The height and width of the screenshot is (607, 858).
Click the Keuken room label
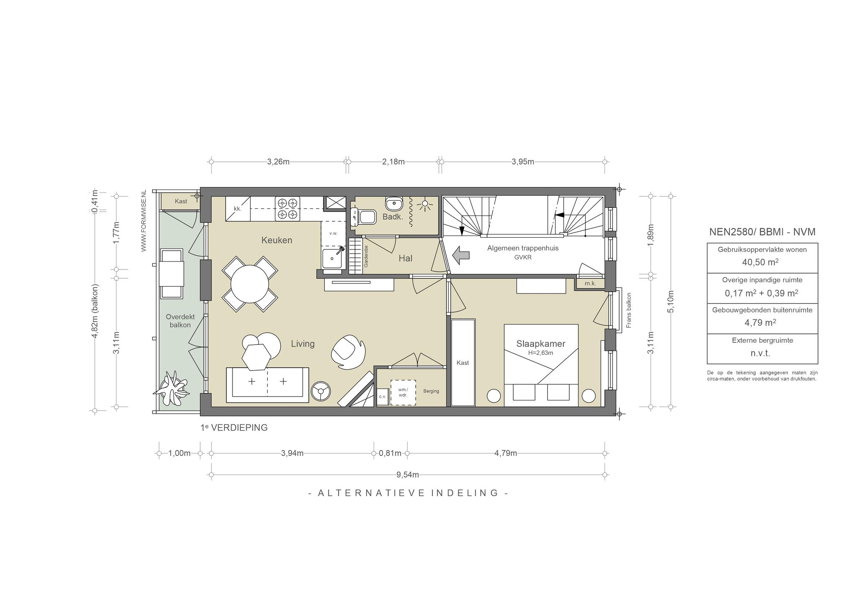click(277, 240)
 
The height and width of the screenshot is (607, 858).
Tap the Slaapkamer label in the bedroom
click(540, 344)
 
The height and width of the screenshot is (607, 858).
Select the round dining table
click(250, 284)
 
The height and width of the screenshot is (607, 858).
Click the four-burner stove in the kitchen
click(288, 209)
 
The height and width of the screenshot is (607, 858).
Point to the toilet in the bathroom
click(363, 217)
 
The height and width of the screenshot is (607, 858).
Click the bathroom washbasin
click(393, 204)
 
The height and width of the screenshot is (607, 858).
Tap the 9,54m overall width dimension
click(408, 475)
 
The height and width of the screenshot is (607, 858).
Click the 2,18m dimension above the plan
click(393, 162)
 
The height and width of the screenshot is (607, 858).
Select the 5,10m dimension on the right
click(671, 301)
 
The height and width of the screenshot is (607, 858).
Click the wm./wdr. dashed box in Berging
click(403, 392)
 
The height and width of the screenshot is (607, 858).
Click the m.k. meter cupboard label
click(590, 284)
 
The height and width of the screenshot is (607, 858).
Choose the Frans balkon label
click(628, 310)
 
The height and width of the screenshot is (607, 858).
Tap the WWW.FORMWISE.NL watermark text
click(144, 220)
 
